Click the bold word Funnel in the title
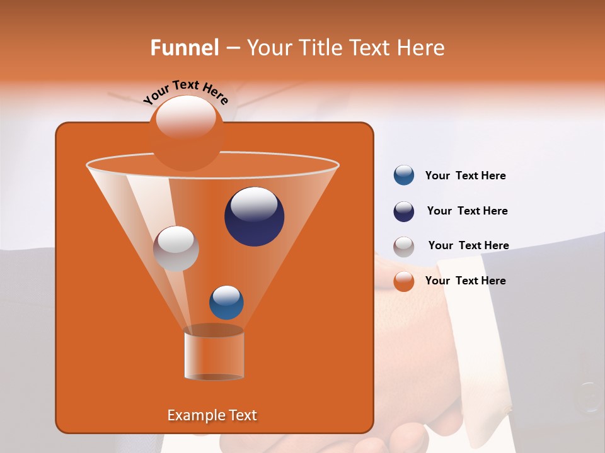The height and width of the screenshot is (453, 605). [185, 48]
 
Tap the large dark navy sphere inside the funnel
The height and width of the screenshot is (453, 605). [255, 217]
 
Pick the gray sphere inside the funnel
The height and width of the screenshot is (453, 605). [176, 249]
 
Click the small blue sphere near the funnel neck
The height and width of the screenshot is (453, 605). [226, 303]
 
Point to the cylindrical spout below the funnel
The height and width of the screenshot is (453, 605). [214, 355]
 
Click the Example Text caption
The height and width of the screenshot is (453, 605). [212, 415]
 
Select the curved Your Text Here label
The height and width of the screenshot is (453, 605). [185, 91]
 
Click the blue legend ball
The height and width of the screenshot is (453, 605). [404, 176]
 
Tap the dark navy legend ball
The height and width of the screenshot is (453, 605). [404, 211]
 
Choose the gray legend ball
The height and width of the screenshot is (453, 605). [404, 247]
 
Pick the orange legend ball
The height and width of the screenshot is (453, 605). [404, 281]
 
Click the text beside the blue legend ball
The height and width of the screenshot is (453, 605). [465, 176]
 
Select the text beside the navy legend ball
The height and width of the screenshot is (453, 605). [467, 211]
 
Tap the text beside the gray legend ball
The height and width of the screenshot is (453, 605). [468, 246]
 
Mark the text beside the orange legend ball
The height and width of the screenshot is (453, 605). [465, 281]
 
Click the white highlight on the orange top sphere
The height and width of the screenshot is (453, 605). [186, 116]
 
